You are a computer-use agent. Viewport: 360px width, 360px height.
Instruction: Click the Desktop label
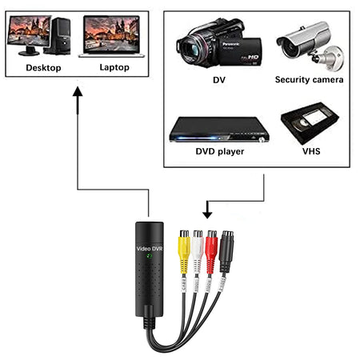point(43,68)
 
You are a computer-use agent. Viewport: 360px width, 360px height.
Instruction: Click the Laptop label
point(114,68)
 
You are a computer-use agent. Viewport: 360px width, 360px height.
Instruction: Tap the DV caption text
point(218,80)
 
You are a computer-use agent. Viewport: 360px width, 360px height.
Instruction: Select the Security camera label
point(309,80)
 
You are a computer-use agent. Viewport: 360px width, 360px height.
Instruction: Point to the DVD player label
point(220,150)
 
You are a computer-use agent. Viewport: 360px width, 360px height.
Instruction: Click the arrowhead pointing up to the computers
point(78,93)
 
